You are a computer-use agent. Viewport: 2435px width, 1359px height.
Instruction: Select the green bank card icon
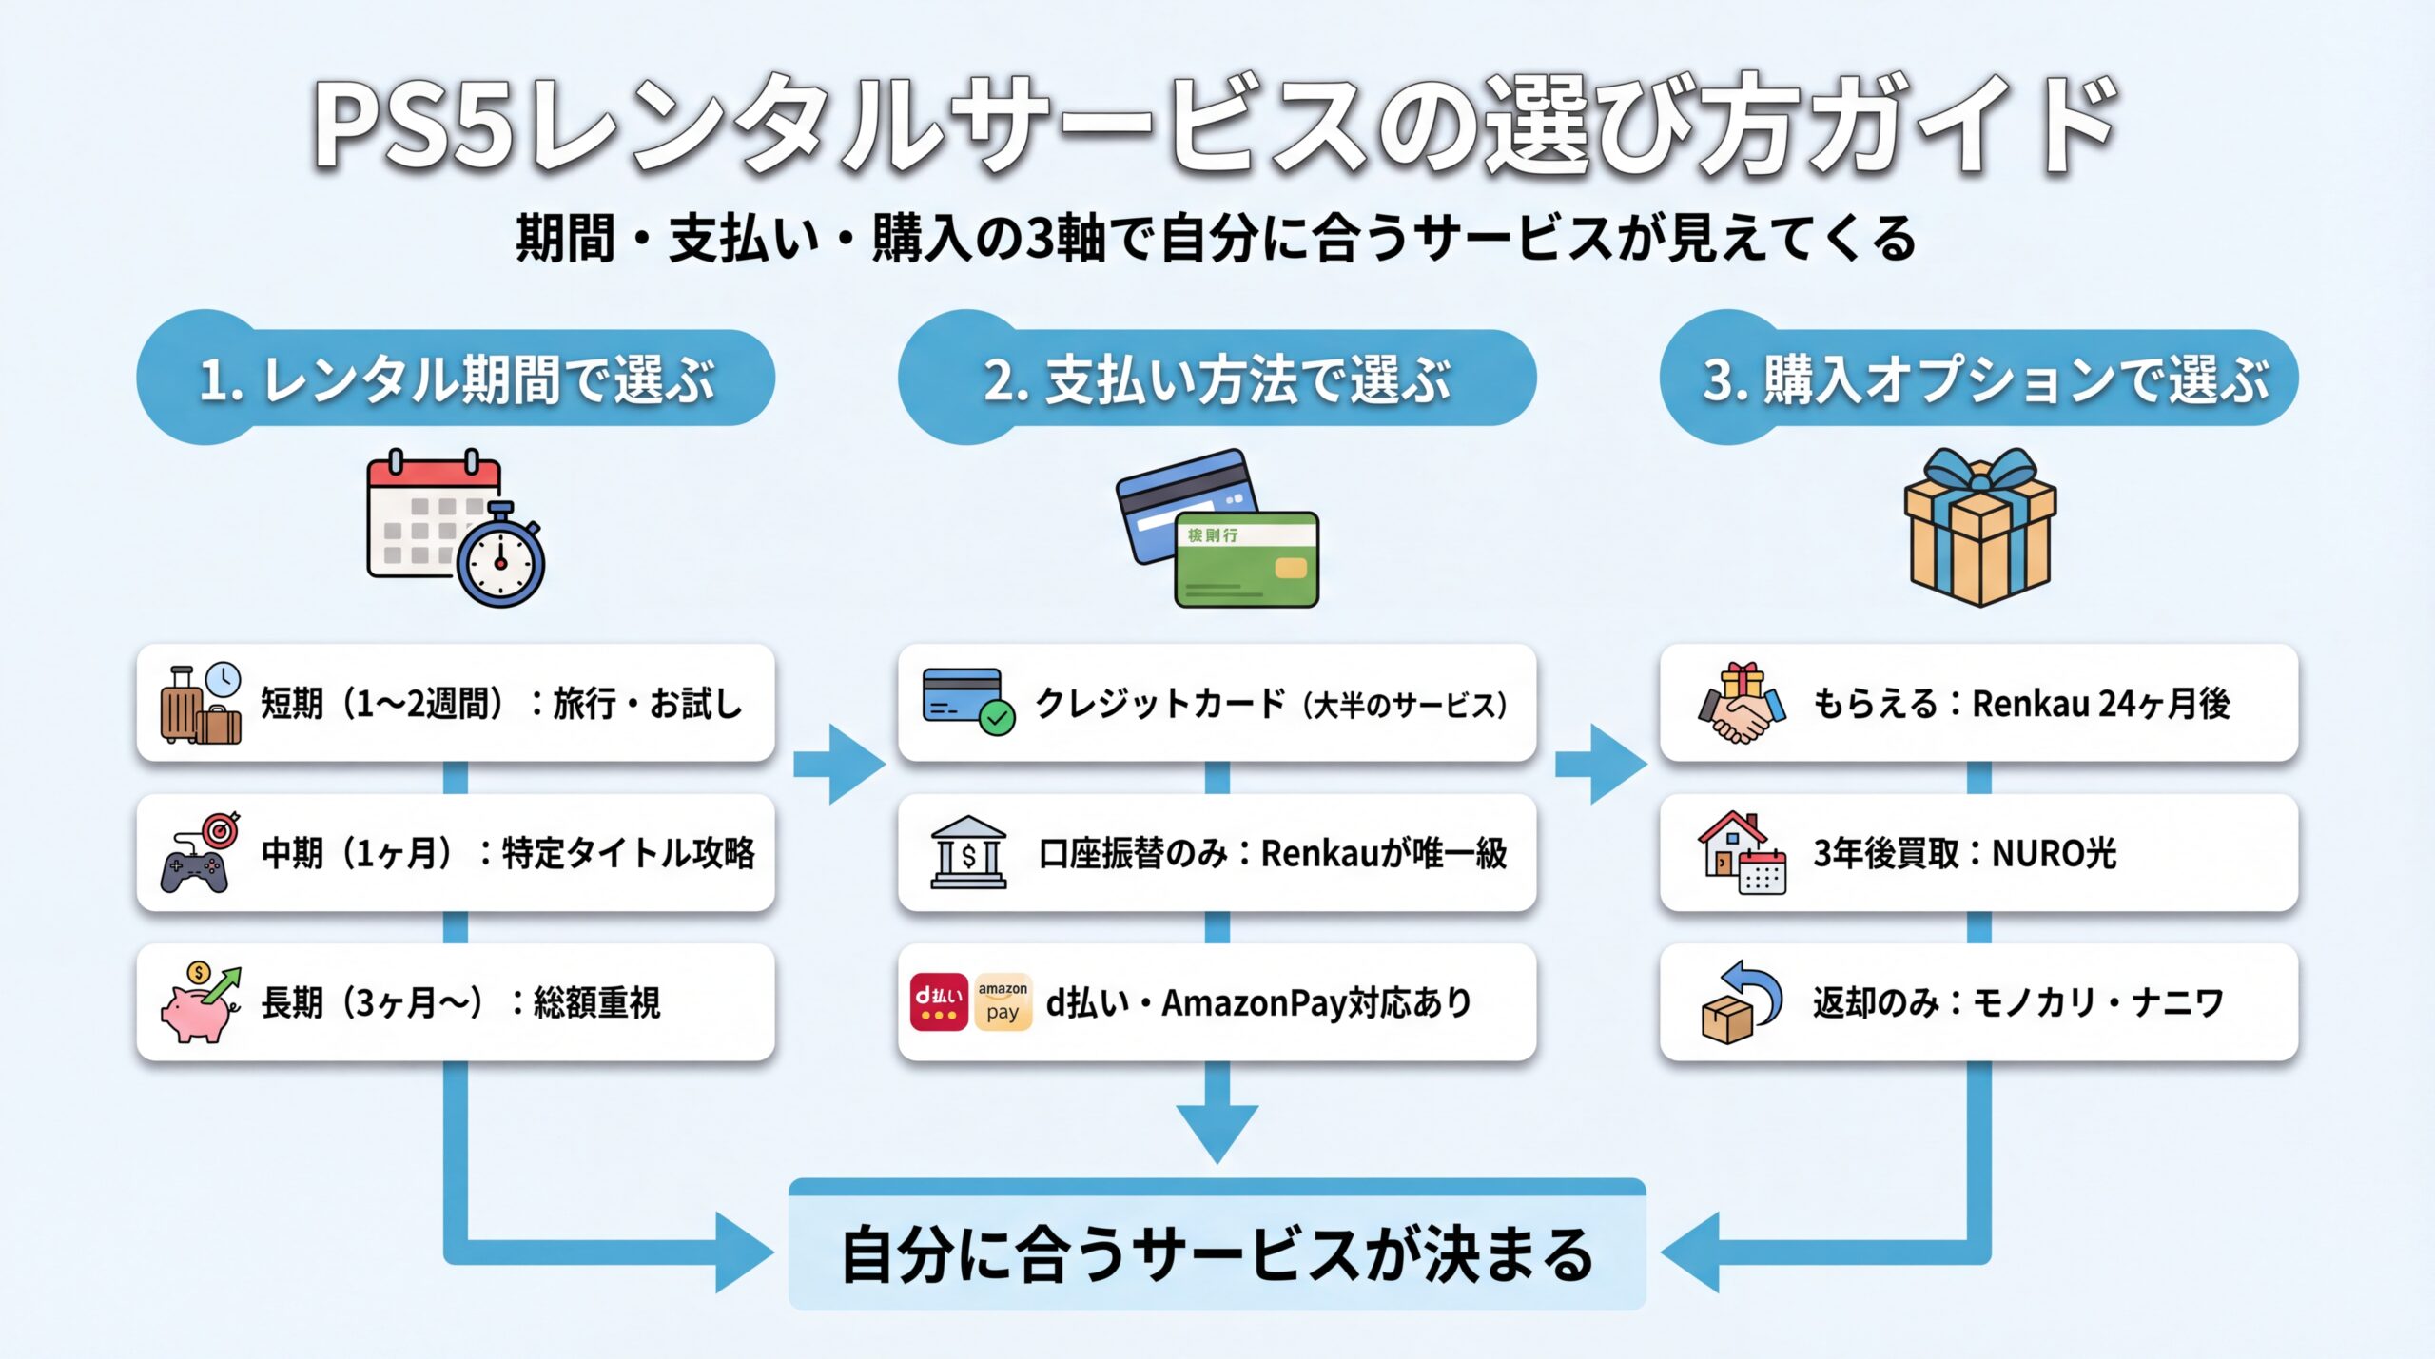(1246, 559)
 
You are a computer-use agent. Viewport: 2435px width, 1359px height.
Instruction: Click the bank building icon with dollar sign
(968, 853)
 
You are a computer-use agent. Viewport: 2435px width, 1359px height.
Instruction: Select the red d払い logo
(939, 1002)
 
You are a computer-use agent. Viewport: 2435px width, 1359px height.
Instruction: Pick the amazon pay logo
(1003, 1002)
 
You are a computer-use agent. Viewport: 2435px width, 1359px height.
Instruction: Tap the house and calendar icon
(1742, 853)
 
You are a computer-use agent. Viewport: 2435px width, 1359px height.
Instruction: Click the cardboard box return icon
(1739, 1003)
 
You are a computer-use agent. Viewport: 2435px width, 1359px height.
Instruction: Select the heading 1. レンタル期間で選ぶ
(457, 379)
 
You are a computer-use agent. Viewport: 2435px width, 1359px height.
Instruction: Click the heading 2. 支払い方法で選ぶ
(1217, 379)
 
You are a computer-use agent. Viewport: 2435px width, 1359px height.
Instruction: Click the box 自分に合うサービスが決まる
(1217, 1253)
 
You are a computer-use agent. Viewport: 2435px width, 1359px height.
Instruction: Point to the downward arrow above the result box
(1217, 1122)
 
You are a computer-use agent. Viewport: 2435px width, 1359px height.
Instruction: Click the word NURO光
(2055, 854)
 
